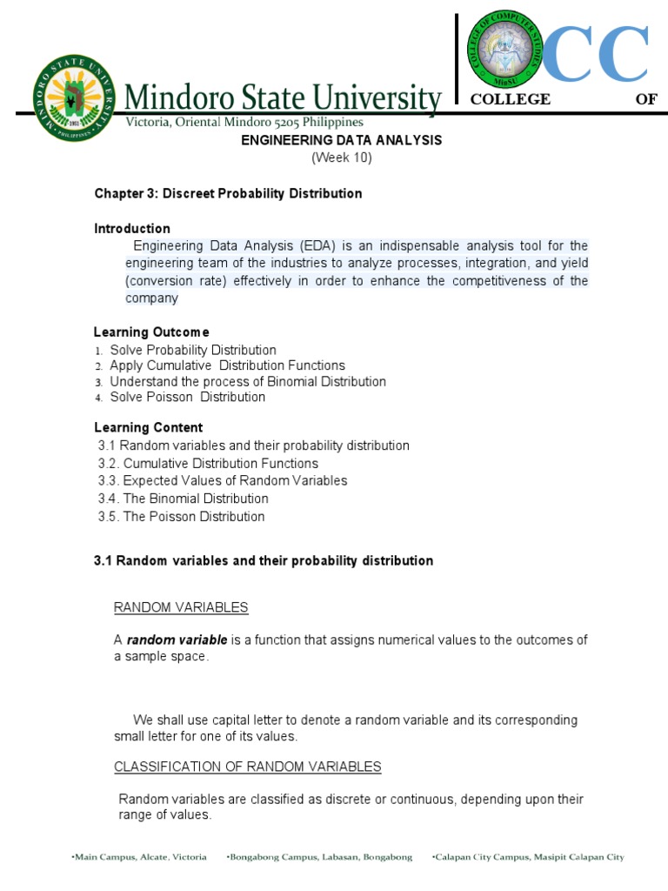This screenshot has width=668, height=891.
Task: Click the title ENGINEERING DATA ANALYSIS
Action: click(x=341, y=140)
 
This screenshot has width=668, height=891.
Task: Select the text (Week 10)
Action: click(x=341, y=157)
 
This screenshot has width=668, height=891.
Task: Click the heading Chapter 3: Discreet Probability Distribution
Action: click(x=228, y=193)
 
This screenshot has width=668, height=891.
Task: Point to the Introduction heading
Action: click(x=132, y=229)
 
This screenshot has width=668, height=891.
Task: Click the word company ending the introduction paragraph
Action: click(x=151, y=298)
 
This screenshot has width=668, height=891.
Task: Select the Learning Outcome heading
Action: click(x=151, y=332)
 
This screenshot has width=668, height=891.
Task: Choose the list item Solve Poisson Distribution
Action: click(x=187, y=397)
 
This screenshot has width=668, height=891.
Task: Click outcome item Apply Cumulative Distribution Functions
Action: click(x=226, y=365)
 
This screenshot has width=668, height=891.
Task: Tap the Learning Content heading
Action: click(x=148, y=427)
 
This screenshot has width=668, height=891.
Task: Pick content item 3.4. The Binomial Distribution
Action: click(x=184, y=499)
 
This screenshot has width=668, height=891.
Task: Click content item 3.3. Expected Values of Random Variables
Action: click(x=223, y=480)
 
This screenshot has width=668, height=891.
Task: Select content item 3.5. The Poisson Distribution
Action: click(x=182, y=516)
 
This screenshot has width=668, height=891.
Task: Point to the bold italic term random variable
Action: click(x=177, y=640)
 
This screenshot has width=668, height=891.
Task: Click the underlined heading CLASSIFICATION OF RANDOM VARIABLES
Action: click(x=248, y=767)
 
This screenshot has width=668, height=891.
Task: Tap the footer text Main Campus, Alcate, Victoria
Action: click(x=140, y=857)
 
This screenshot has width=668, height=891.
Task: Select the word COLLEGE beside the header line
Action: click(x=510, y=99)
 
